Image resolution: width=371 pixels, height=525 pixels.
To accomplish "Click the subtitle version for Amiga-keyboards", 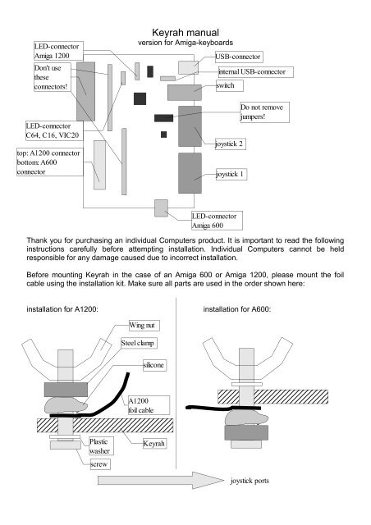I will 185,41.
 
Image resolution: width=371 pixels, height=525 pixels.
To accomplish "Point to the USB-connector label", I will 239,57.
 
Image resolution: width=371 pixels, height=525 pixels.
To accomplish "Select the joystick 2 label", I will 234,144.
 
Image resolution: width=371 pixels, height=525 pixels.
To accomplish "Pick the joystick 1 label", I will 234,175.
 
